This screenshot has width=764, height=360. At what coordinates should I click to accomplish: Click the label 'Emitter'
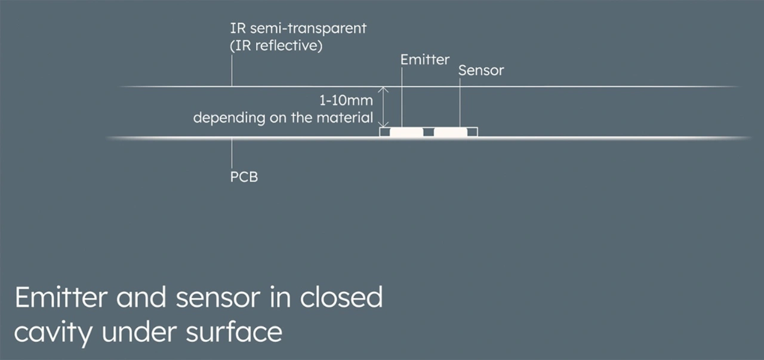(x=425, y=60)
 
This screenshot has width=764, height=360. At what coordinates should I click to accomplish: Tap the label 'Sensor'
(x=481, y=70)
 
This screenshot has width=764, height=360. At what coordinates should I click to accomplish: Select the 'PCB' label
(x=244, y=177)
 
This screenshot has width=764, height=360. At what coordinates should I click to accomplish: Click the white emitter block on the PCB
(x=406, y=132)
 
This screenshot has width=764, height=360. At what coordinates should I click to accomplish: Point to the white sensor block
(x=450, y=132)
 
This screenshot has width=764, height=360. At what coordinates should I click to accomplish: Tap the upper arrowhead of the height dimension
(x=384, y=90)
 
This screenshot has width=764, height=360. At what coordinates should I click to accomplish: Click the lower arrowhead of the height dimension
(x=384, y=124)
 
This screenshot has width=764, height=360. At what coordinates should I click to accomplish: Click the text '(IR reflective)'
(x=276, y=46)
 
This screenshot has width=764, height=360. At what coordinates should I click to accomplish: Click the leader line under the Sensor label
(x=460, y=101)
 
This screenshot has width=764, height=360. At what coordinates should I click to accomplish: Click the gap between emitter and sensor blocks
(x=428, y=133)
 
